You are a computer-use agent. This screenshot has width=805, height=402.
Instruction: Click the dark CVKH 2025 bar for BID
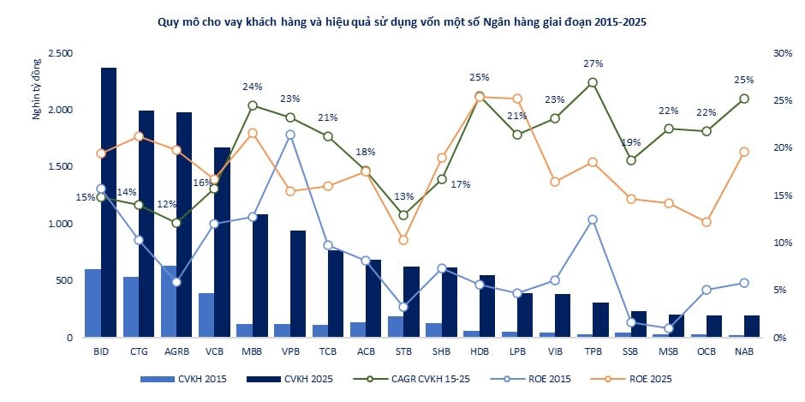108,202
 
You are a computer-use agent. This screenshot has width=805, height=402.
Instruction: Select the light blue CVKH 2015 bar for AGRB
169,302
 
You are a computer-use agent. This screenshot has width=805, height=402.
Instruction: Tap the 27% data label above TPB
593,63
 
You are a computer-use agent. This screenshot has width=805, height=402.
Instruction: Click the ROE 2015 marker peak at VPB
290,135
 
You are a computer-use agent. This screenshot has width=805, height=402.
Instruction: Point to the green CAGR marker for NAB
744,99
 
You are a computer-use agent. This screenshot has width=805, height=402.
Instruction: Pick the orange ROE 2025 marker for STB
403,240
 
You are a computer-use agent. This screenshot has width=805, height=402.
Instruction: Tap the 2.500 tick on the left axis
61,53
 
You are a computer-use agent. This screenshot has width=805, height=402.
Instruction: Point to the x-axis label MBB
252,352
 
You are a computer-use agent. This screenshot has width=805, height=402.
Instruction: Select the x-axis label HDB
479,352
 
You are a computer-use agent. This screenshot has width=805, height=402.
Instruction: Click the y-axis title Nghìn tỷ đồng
37,89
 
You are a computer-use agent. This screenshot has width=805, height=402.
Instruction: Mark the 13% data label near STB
404,196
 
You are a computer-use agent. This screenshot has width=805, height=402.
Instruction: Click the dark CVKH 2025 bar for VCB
223,243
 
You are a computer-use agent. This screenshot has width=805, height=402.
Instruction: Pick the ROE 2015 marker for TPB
593,219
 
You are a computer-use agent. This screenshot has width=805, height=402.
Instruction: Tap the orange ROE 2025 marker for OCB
707,222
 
